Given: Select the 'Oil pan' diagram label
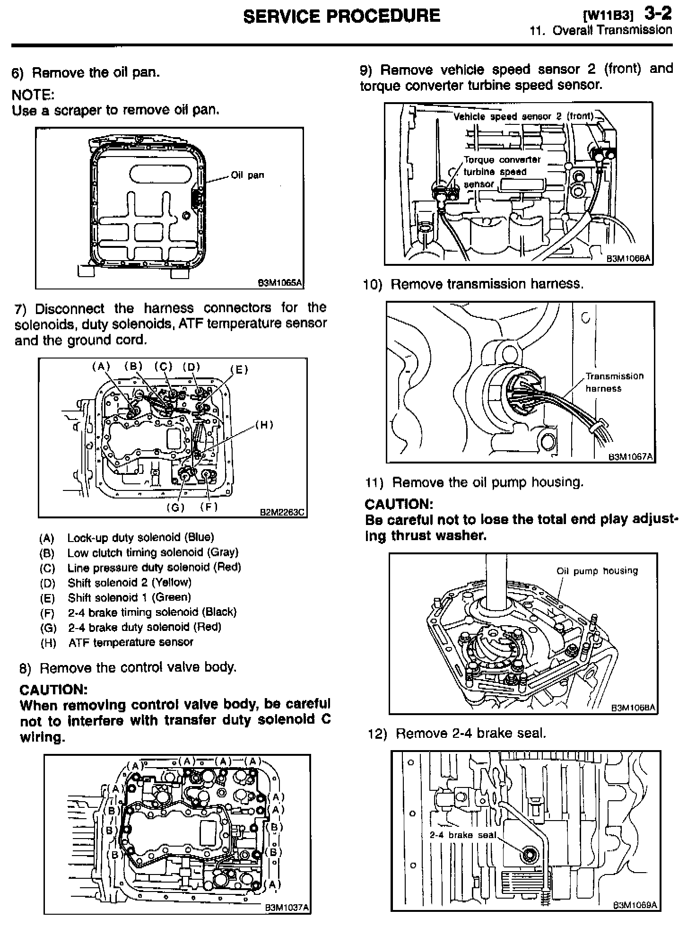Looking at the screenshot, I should pyautogui.click(x=247, y=175).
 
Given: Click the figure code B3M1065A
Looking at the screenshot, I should pyautogui.click(x=279, y=283).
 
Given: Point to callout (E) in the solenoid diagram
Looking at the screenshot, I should pyautogui.click(x=239, y=370).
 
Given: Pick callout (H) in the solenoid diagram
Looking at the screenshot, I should pyautogui.click(x=264, y=425).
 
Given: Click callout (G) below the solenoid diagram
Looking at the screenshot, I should pyautogui.click(x=175, y=507).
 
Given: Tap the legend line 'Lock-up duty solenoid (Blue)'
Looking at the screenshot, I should pyautogui.click(x=140, y=537).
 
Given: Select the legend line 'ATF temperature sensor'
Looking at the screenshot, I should pyautogui.click(x=130, y=642).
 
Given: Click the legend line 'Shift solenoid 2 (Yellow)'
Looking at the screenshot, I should pyautogui.click(x=129, y=582).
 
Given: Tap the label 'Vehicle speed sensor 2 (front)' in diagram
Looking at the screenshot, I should pyautogui.click(x=523, y=116).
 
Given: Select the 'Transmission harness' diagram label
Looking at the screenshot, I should pyautogui.click(x=614, y=382).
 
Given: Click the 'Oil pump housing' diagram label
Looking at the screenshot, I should pyautogui.click(x=597, y=571).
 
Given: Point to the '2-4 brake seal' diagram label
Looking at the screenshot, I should pyautogui.click(x=463, y=835).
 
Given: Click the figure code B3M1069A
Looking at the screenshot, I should pyautogui.click(x=635, y=905).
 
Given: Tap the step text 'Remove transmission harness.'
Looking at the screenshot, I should pyautogui.click(x=487, y=284).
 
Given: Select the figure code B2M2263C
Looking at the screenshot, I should pyautogui.click(x=283, y=512).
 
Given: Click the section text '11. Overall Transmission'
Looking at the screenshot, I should pyautogui.click(x=600, y=31).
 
